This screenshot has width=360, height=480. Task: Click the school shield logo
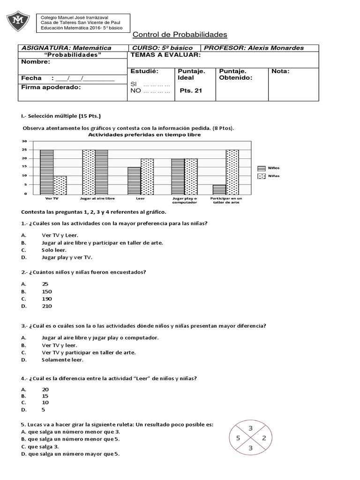tap(18, 20)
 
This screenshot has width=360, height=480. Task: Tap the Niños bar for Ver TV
tap(46, 172)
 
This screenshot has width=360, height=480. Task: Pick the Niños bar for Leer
tap(135, 180)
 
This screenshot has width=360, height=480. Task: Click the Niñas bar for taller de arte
tap(232, 172)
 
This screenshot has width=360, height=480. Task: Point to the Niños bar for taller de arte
tap(219, 189)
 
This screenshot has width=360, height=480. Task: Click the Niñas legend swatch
tap(261, 176)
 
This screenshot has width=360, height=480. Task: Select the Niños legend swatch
tap(261, 168)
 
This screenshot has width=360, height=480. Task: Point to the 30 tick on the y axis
tap(24, 141)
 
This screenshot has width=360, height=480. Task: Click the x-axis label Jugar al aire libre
tap(95, 198)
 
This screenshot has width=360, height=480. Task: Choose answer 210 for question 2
tap(46, 306)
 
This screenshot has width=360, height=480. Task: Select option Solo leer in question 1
tap(53, 250)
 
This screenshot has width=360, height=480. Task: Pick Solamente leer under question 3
tap(62, 360)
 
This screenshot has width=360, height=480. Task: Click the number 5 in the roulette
tap(238, 438)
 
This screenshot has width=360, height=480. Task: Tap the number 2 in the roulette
tap(264, 438)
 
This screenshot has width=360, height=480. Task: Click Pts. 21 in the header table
tap(191, 91)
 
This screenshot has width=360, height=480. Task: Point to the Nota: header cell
tap(280, 71)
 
